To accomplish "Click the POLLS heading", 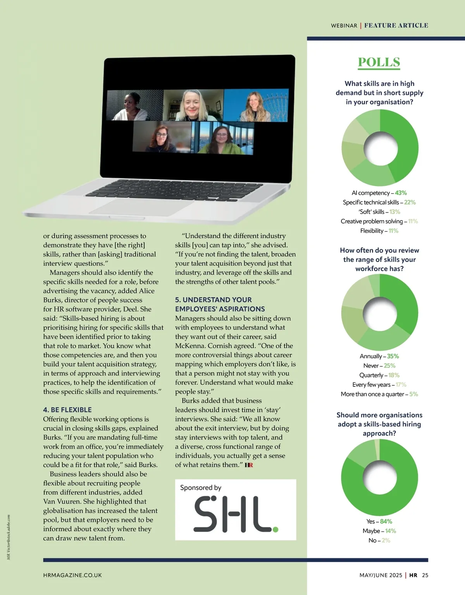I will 379,62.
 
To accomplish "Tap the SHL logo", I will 236,514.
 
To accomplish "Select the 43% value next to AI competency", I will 401,193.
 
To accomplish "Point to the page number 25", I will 425,575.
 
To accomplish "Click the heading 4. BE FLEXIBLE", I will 67,410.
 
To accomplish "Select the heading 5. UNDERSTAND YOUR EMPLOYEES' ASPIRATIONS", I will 220,304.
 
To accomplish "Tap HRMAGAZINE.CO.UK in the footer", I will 72,575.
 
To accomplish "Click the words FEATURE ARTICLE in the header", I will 396,26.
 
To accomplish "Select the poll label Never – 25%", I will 379,366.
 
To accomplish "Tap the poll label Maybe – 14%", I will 379,531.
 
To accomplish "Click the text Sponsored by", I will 200,488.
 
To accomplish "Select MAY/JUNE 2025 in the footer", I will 381,575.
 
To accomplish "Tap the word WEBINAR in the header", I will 344,26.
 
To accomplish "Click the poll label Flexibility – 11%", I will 379,231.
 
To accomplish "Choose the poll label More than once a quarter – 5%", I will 379,394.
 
